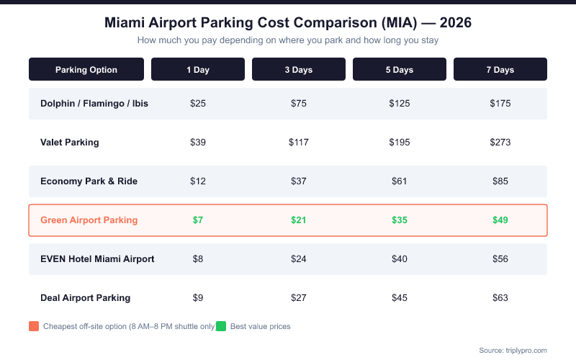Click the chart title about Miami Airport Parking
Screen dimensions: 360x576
[288, 22]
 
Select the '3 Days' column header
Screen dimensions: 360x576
[299, 70]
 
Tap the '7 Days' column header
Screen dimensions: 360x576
[500, 70]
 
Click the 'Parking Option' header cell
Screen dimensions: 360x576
[86, 70]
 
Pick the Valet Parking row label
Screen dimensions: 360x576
[70, 143]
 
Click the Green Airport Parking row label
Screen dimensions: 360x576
[89, 220]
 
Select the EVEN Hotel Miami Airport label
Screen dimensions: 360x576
[97, 259]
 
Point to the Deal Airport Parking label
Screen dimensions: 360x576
[85, 298]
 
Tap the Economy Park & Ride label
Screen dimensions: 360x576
[89, 181]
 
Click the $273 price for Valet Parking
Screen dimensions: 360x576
[500, 143]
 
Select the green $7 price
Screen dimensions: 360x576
[198, 220]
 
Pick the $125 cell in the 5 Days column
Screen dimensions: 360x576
[400, 104]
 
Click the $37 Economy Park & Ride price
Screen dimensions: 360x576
[299, 181]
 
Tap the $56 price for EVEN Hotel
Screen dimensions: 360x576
[500, 259]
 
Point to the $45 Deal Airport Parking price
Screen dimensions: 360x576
[400, 298]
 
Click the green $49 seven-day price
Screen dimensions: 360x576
[500, 220]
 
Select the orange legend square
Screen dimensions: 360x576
[34, 326]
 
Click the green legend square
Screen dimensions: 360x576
[221, 326]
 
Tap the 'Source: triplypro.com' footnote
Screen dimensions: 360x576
[513, 350]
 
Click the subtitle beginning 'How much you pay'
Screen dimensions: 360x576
[288, 40]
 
